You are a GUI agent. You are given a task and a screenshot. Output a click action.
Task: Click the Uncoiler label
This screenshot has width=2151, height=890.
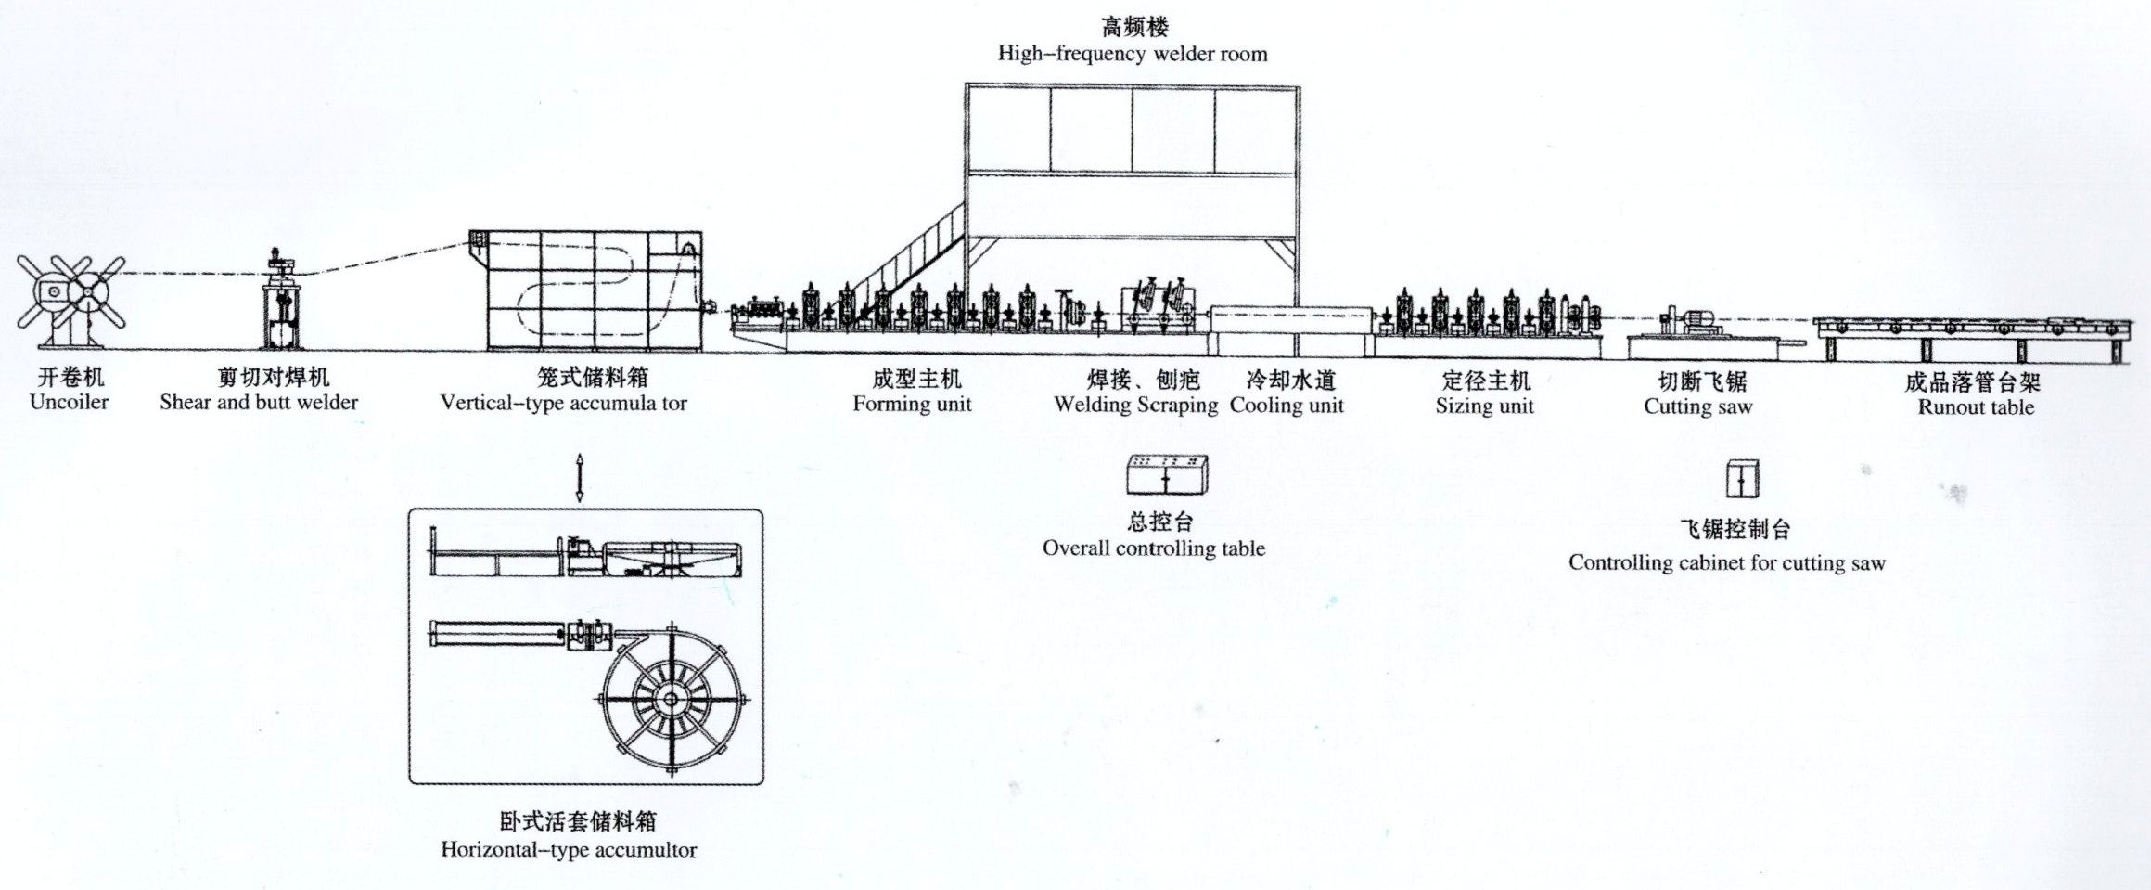click(69, 402)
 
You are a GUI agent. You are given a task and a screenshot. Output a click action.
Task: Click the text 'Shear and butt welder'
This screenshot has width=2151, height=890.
click(259, 402)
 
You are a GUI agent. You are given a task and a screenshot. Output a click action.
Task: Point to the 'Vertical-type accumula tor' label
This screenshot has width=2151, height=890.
click(564, 403)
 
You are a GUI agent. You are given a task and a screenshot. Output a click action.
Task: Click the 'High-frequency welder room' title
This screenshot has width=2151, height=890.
click(1133, 54)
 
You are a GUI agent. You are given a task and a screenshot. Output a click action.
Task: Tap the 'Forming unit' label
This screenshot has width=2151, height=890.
click(913, 404)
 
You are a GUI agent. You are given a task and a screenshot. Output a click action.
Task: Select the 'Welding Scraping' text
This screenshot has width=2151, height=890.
click(1136, 405)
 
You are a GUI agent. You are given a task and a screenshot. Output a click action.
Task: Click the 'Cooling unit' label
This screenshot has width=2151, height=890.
click(1287, 406)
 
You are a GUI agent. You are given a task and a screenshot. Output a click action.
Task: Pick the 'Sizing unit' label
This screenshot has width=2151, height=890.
click(1485, 406)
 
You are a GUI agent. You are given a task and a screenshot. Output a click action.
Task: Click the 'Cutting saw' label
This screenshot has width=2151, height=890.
click(1698, 406)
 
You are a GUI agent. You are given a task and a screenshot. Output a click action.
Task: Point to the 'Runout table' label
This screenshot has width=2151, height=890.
click(1976, 407)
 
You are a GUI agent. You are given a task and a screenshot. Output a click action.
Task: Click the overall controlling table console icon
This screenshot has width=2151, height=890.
click(1168, 475)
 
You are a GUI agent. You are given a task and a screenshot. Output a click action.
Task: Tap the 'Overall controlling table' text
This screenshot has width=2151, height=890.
click(1154, 548)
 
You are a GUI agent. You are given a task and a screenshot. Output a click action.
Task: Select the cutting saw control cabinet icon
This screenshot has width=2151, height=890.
click(1742, 479)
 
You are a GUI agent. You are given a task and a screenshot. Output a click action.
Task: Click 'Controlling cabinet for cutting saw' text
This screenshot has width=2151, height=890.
click(1727, 562)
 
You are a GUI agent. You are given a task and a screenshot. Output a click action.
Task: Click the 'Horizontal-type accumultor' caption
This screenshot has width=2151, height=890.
click(569, 849)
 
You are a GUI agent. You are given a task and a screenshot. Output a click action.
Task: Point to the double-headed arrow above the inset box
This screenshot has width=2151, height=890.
click(580, 478)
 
